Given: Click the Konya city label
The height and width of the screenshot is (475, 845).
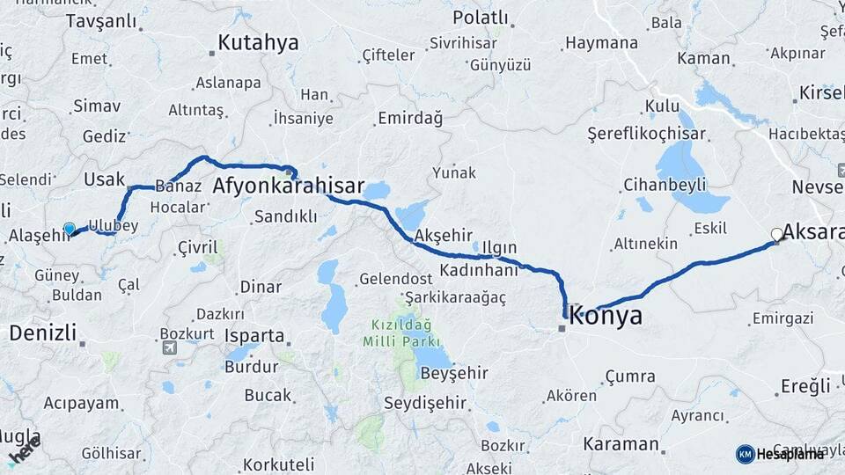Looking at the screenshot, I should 606,317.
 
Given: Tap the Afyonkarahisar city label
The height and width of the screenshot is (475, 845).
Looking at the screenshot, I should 289,186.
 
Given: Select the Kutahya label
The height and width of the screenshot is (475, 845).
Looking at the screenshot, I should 258,42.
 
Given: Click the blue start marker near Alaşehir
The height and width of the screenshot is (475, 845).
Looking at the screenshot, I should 70,229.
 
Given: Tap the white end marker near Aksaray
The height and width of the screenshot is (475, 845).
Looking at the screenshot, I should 776,234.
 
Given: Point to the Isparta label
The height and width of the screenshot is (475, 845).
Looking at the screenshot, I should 254,336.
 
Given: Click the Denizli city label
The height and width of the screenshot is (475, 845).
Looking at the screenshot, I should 41,332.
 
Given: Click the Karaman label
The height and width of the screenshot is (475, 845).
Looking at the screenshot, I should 621,444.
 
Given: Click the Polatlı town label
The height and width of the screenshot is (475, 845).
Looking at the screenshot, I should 481,18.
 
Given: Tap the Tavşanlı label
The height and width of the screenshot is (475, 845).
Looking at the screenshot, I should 101,20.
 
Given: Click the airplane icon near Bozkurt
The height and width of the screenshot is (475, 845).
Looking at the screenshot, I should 169,347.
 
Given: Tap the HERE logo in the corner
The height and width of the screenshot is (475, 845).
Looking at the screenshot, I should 24,450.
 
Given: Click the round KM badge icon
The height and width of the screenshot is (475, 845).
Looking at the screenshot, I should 745,454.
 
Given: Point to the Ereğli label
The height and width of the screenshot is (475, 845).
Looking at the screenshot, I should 805,386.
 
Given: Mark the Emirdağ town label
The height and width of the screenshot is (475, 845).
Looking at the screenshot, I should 412,118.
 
